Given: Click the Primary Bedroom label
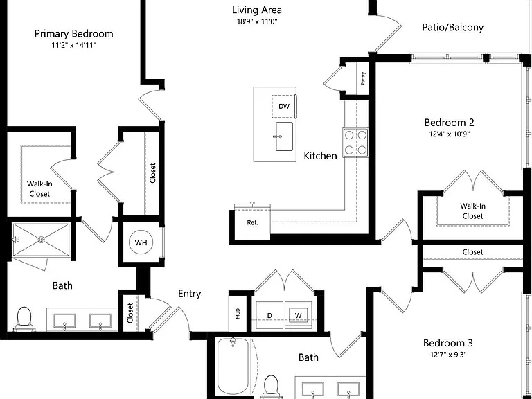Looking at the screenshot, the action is pyautogui.click(x=73, y=34).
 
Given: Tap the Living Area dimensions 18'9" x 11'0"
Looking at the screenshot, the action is pyautogui.click(x=257, y=21).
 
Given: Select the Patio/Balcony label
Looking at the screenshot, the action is pyautogui.click(x=452, y=28).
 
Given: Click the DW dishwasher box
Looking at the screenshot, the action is pyautogui.click(x=284, y=107).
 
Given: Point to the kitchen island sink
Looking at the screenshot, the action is pyautogui.click(x=284, y=136).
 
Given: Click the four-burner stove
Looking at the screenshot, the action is pyautogui.click(x=355, y=143).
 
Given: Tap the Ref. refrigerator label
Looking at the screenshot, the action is pyautogui.click(x=252, y=222).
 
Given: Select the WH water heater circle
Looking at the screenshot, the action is pyautogui.click(x=141, y=242).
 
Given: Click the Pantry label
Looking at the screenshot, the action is pyautogui.click(x=363, y=78).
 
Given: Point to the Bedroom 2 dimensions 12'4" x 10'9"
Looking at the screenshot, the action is pyautogui.click(x=449, y=134).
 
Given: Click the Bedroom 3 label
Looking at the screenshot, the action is pyautogui.click(x=448, y=343).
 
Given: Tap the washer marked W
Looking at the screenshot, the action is pyautogui.click(x=299, y=315).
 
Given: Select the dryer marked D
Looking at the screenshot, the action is pyautogui.click(x=269, y=315).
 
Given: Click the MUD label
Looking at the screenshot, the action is pyautogui.click(x=238, y=314).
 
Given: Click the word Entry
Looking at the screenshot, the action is pyautogui.click(x=189, y=294).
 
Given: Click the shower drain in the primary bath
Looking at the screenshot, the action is pyautogui.click(x=41, y=240).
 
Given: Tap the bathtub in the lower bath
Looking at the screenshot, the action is pyautogui.click(x=233, y=366).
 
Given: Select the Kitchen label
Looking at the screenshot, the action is pyautogui.click(x=320, y=156).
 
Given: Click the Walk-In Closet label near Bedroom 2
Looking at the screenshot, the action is pyautogui.click(x=472, y=211).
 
